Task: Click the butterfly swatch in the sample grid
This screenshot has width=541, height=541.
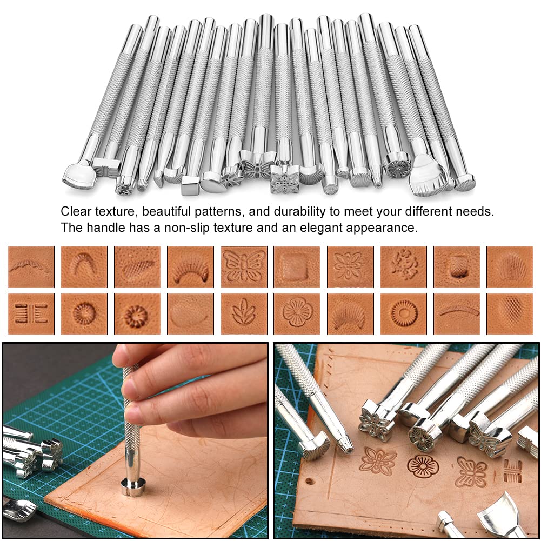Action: pyautogui.click(x=243, y=266)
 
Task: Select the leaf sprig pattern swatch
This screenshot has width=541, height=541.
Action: pyautogui.click(x=243, y=314)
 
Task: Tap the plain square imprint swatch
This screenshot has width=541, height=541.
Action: pyautogui.click(x=296, y=266)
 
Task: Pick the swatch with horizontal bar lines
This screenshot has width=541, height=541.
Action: pyautogui.click(x=31, y=314)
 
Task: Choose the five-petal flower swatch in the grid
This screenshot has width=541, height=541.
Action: pyautogui.click(x=296, y=314)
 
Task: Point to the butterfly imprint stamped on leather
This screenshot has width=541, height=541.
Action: pyautogui.click(x=471, y=471)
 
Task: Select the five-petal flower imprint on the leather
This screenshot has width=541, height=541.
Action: pyautogui.click(x=423, y=466)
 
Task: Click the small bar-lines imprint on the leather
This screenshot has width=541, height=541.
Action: pyautogui.click(x=512, y=471)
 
